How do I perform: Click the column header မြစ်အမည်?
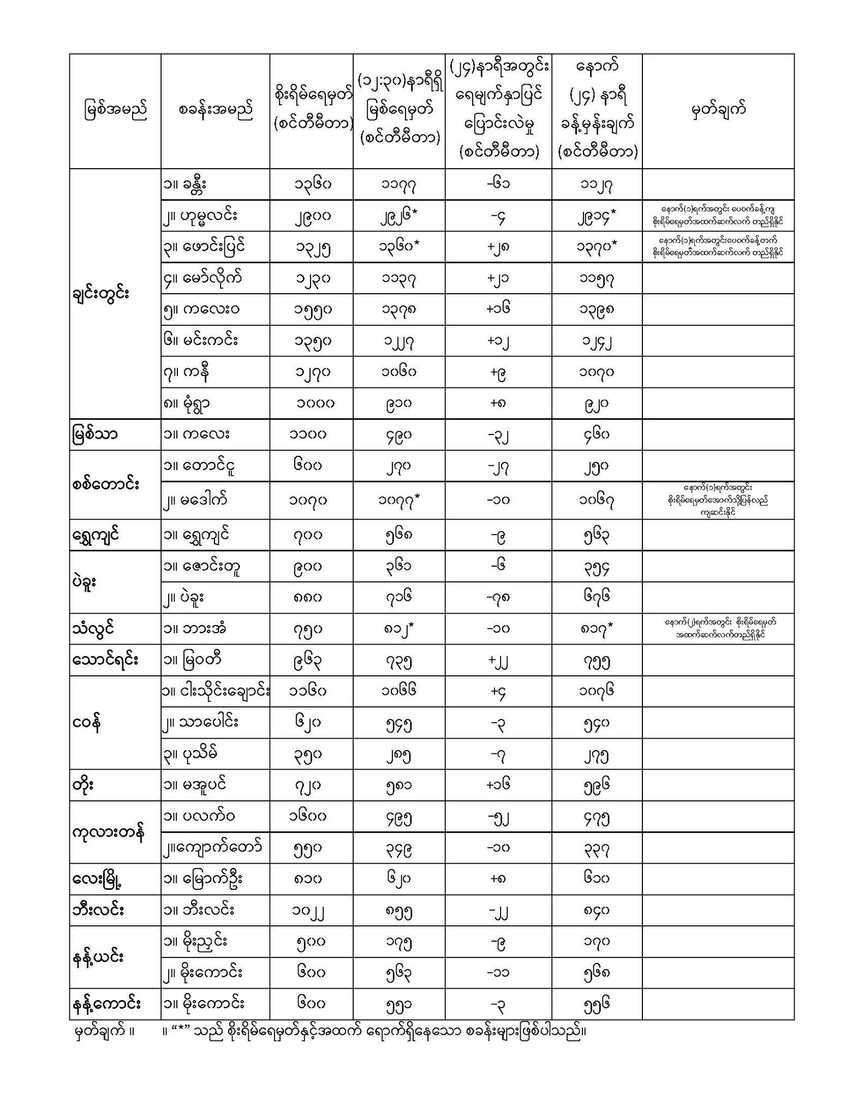click(115, 111)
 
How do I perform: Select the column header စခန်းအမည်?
click(215, 111)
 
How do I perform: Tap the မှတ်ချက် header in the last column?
click(718, 111)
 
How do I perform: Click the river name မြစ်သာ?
click(94, 435)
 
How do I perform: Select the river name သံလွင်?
click(93, 629)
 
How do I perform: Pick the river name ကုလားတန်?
click(108, 832)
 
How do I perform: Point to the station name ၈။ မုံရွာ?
click(187, 403)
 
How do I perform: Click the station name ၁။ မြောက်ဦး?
click(202, 879)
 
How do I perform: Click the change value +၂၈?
click(498, 247)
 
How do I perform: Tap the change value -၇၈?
click(498, 598)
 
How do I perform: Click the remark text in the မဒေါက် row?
click(718, 500)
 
